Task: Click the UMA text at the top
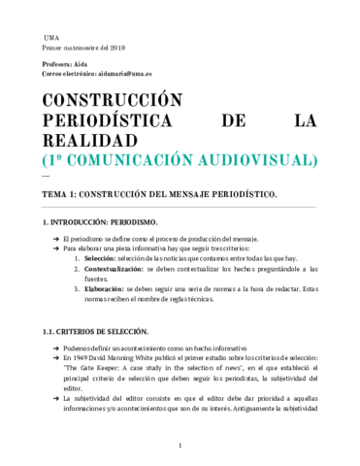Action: pos(51,36)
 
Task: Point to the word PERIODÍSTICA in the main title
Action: pos(99,122)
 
